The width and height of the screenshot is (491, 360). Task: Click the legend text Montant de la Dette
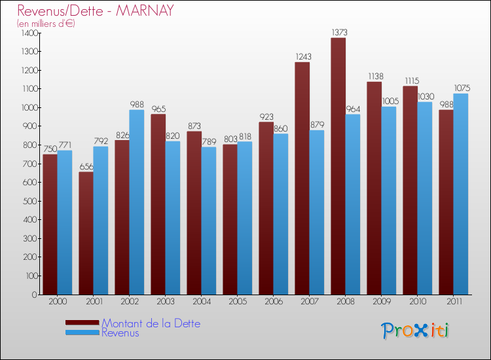click(151, 323)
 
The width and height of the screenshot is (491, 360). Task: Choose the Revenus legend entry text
click(120, 333)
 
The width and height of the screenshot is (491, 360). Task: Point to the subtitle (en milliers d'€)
click(46, 24)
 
